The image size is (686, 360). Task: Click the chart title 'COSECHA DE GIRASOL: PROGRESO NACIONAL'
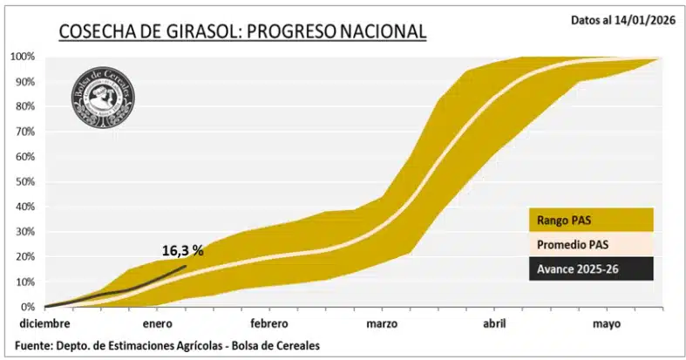point(241,32)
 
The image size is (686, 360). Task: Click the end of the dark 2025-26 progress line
point(186,266)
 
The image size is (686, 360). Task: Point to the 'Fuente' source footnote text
point(165,346)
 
